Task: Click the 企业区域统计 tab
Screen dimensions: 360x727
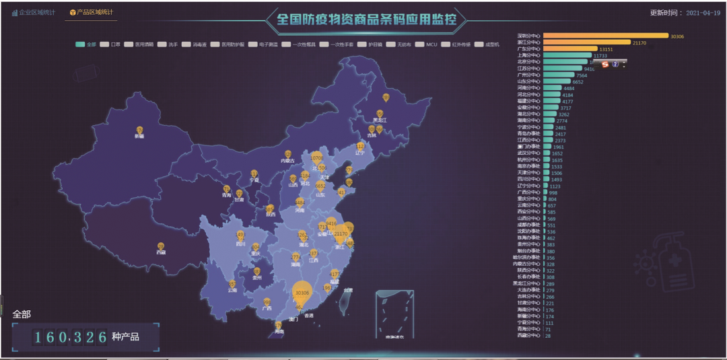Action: coord(33,13)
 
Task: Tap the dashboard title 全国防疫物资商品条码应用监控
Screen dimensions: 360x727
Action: coord(367,20)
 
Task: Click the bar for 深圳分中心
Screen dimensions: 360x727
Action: coord(605,36)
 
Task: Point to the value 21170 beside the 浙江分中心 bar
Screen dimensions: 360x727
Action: coord(639,42)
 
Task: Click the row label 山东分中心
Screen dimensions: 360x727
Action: coord(528,81)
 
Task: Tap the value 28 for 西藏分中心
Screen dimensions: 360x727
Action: coord(548,335)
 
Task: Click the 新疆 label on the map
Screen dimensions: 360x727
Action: coord(139,136)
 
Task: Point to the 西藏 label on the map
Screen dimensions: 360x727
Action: coord(161,252)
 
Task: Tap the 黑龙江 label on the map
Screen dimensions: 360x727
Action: coord(380,120)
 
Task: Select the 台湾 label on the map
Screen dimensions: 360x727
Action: coord(348,290)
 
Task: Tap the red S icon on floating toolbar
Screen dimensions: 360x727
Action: coord(605,64)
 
